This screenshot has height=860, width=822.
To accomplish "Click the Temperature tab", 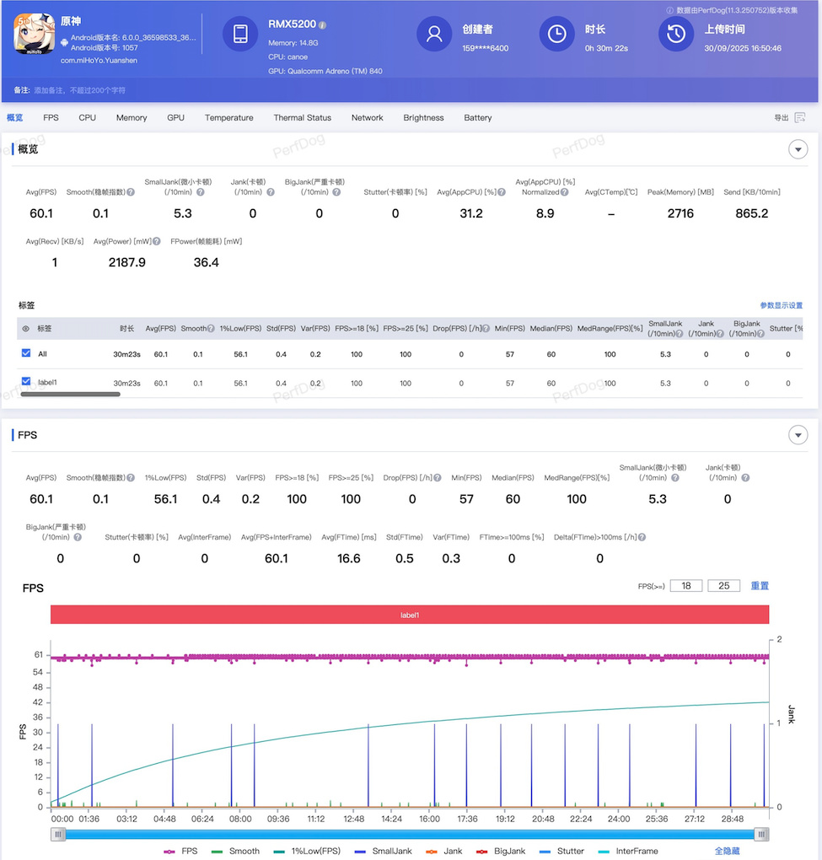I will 228,118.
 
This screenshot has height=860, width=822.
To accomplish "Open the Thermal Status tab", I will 302,118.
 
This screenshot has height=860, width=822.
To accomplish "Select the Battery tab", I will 477,118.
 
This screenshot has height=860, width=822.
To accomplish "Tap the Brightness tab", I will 423,118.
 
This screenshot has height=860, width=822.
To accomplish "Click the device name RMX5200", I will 292,24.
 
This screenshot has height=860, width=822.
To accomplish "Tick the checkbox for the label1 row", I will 26,381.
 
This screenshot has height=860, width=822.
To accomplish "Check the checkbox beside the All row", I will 26,352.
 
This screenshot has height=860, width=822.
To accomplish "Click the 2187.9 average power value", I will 126,262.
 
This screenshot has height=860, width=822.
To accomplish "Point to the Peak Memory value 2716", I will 680,213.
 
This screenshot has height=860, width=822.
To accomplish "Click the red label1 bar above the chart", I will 410,615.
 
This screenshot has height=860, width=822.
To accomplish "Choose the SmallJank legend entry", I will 384,851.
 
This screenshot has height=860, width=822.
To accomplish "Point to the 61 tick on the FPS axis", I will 39,655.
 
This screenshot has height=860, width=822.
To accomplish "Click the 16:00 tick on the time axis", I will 429,819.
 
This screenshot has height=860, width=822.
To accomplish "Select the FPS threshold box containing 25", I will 723,586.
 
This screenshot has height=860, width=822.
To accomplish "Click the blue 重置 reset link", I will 760,586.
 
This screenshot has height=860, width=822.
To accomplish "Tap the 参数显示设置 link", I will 781,305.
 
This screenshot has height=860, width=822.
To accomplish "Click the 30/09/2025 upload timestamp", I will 743,49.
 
